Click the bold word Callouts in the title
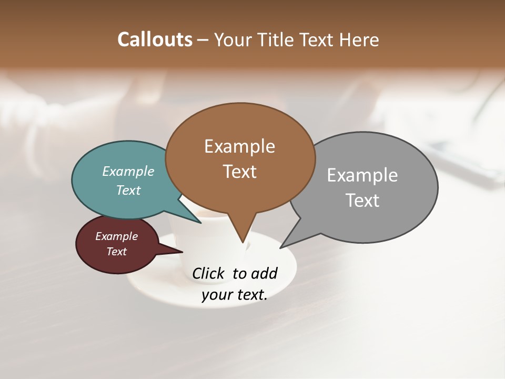point(155,39)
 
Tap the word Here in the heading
point(360,39)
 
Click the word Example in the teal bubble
point(128,171)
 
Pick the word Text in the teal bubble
point(128,190)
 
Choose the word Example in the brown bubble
point(239,146)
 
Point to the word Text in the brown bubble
point(240,171)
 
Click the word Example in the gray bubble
point(362,175)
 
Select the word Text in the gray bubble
point(362,200)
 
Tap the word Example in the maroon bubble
point(116,236)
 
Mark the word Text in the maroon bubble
point(116,252)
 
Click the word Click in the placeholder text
point(209,273)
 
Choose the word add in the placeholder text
point(264,273)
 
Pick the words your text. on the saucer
point(235,295)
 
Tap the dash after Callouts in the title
point(203,40)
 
